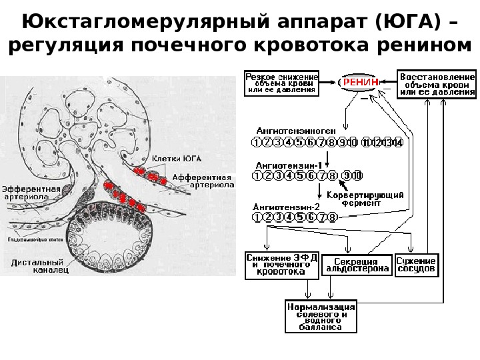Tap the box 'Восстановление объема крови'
(x=437, y=84)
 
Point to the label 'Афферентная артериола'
(x=201, y=181)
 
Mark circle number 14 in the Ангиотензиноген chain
(x=397, y=143)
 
